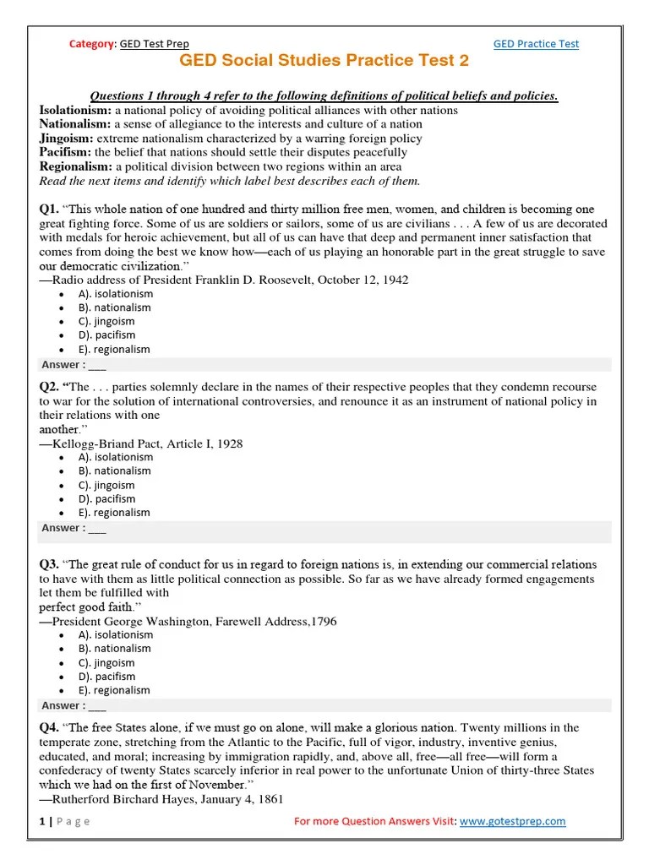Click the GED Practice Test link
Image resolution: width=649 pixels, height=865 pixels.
coord(536,44)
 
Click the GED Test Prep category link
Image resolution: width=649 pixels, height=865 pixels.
coord(155,44)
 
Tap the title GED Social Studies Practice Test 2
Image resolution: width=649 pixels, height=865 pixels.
coord(324,61)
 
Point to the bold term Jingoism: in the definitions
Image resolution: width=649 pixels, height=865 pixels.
coord(67,138)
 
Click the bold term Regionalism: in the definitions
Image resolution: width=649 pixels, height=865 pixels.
coord(76,166)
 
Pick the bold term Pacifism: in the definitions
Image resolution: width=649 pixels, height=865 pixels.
coord(65,152)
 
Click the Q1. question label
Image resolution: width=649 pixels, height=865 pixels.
coord(49,209)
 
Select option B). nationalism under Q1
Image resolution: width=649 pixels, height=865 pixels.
coord(115,307)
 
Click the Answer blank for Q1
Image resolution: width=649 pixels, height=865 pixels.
coord(97,365)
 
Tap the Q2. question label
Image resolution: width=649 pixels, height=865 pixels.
coord(49,387)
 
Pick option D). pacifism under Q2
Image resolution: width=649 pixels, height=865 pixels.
coord(106,498)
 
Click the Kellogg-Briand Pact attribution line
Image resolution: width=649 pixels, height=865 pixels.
coord(141,443)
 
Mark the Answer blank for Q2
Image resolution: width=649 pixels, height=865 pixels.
coord(97,528)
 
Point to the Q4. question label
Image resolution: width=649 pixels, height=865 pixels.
coord(49,727)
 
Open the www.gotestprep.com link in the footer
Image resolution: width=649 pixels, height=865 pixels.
coord(512,821)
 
